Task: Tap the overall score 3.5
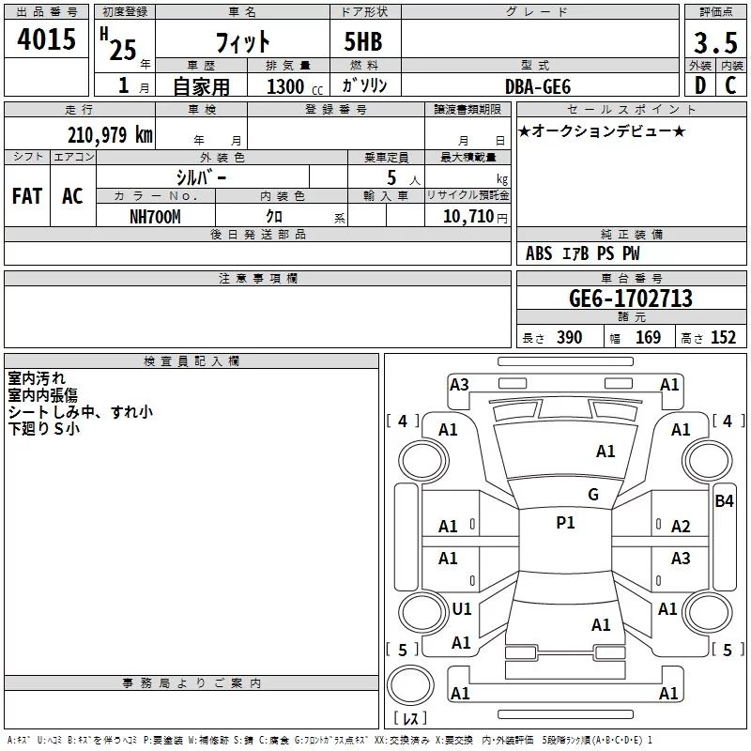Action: (x=714, y=43)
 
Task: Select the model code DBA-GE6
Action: (x=536, y=85)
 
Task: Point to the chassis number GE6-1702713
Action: (x=631, y=299)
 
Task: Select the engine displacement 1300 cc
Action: (x=286, y=86)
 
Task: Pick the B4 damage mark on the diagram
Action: (x=724, y=501)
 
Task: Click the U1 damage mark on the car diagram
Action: (x=462, y=609)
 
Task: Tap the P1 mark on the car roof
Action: (x=565, y=523)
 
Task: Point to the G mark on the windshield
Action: (x=593, y=495)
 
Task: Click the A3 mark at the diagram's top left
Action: (x=459, y=384)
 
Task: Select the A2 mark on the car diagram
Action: (x=681, y=527)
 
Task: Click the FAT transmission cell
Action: (x=27, y=196)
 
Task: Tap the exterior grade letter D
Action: (x=698, y=85)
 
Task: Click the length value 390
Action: (x=569, y=338)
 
